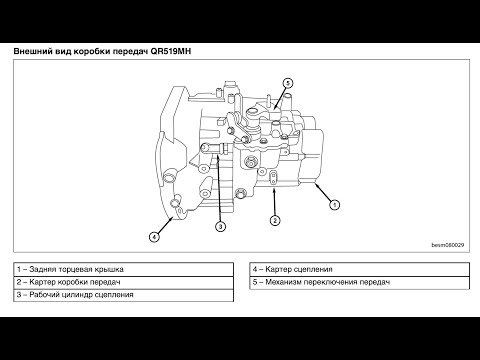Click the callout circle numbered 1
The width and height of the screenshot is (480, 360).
pos(334,204)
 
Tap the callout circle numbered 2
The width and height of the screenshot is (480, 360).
pos(275,220)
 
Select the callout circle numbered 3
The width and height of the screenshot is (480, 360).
pos(220,227)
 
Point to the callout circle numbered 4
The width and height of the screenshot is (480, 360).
pos(154,237)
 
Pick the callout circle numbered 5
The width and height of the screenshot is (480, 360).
pos(288,83)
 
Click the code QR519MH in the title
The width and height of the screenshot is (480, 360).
pos(171,51)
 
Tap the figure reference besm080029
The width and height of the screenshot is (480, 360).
pos(448,245)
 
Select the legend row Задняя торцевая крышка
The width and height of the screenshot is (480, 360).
pos(123,269)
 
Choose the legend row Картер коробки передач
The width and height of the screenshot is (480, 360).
pos(123,282)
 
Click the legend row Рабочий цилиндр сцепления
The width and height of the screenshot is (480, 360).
pos(123,295)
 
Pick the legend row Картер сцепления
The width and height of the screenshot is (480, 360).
pos(359,269)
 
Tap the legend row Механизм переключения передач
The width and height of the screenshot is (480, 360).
pos(359,282)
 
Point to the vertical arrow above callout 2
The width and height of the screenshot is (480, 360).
pos(274,202)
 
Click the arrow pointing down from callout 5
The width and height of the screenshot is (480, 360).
pos(281,98)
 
